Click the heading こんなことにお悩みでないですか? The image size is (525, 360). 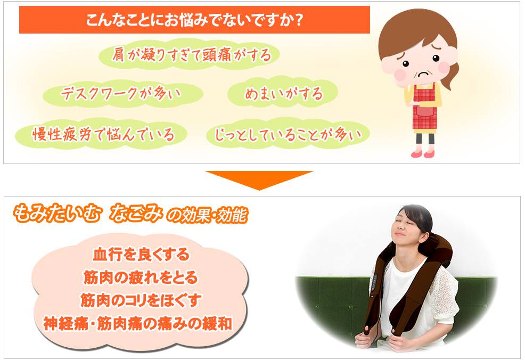click(x=194, y=20)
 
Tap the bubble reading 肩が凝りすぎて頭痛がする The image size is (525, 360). click(x=190, y=54)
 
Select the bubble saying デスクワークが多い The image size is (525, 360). click(x=122, y=93)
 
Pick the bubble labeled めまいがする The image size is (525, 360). click(x=283, y=93)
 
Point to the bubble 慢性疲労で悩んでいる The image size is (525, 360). click(x=101, y=134)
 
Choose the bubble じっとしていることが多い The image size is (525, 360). click(x=288, y=134)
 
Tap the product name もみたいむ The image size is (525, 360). click(x=56, y=214)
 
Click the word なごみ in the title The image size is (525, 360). click(x=136, y=214)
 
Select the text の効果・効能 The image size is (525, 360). click(x=207, y=216)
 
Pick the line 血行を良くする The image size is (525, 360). click(x=141, y=255)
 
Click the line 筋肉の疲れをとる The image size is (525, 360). click(x=141, y=277)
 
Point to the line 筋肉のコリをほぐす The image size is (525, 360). click(x=141, y=300)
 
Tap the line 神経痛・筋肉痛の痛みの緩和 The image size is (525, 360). click(x=137, y=324)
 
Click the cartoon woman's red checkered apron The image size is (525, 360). click(x=424, y=107)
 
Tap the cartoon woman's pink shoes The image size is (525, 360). click(x=423, y=154)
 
